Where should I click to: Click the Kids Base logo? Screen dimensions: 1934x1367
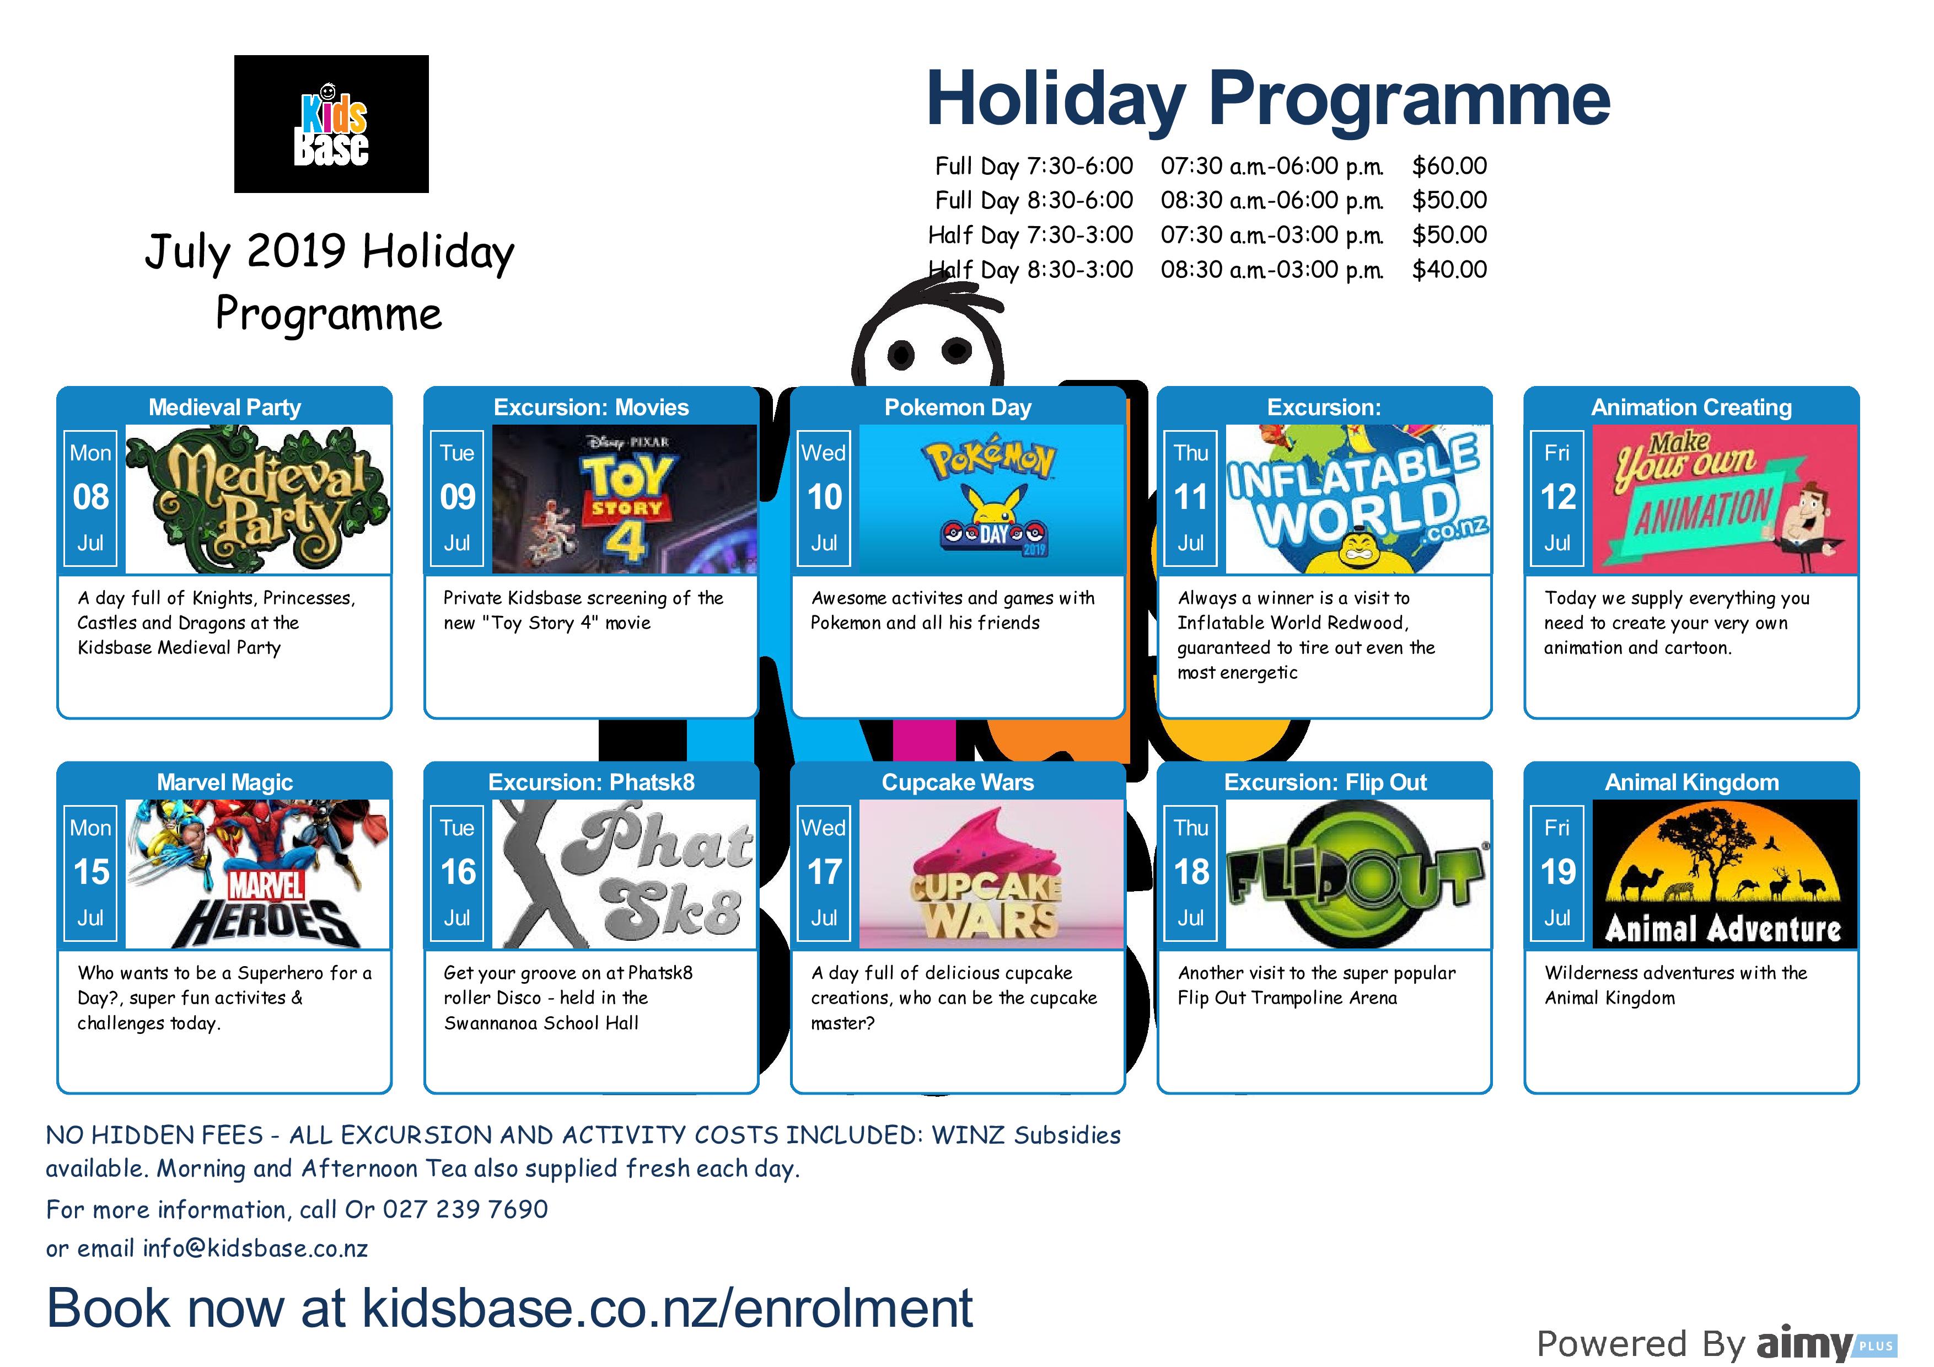pos(331,124)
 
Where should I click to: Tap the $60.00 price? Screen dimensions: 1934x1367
pos(1449,166)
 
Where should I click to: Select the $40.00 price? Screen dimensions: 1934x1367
pos(1449,270)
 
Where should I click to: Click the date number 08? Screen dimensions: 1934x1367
pos(91,497)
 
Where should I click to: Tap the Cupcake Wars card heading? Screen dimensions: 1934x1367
pos(958,782)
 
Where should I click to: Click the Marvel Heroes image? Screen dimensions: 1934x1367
pos(258,873)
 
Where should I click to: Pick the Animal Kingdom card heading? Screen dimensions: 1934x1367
pos(1691,782)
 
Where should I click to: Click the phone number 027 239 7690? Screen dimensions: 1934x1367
pos(465,1209)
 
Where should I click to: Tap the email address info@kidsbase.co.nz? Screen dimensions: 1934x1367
pos(255,1248)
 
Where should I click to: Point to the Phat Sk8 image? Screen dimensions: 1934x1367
pos(624,873)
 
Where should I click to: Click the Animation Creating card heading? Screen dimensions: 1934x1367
pos(1691,408)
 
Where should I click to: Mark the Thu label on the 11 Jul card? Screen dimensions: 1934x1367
pos(1191,453)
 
